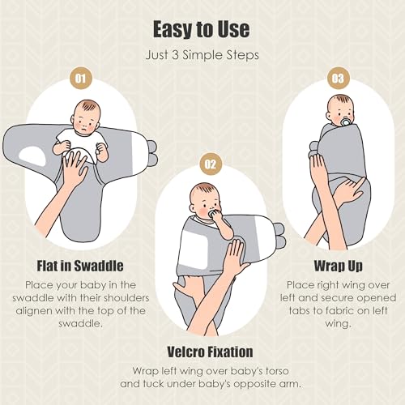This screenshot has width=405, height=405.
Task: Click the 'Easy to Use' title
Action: [x=202, y=30]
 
